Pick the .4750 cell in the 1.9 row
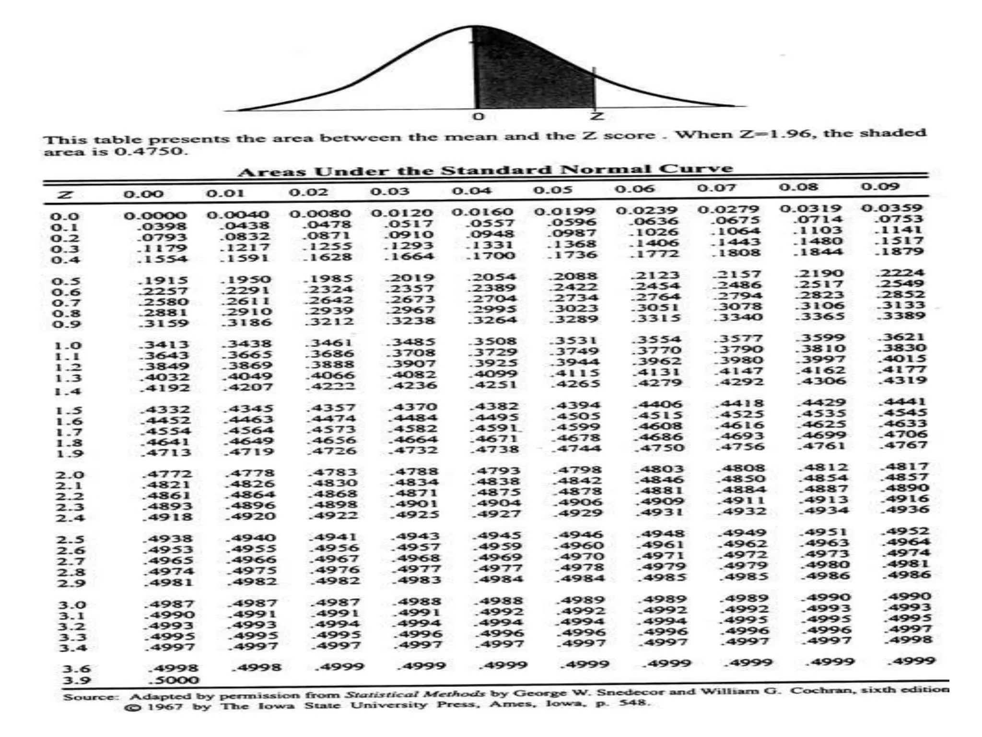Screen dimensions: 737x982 [x=659, y=448]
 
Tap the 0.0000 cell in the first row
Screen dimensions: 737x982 [x=154, y=216]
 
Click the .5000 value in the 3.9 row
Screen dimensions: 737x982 [x=173, y=680]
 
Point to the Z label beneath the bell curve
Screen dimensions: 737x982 [x=596, y=116]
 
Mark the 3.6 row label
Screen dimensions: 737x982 [x=76, y=669]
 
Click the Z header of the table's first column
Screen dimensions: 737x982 [x=65, y=195]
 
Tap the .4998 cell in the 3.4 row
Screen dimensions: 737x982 [x=909, y=640]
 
